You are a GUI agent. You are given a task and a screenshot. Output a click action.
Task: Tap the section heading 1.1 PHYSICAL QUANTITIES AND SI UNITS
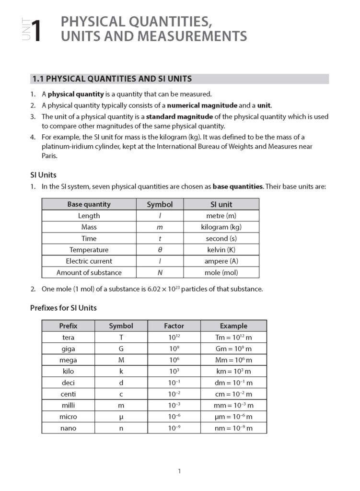(x=112, y=79)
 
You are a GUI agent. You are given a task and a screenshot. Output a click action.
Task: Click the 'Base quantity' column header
(x=89, y=204)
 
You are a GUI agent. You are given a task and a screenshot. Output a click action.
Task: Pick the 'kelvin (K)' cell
(x=221, y=250)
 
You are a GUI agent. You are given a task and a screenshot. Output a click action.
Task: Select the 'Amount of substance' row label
(x=89, y=272)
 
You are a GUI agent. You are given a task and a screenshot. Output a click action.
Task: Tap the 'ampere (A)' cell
(x=221, y=261)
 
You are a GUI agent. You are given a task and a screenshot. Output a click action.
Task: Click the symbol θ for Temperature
(x=160, y=250)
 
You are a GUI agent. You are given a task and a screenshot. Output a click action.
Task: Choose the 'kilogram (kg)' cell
(x=221, y=227)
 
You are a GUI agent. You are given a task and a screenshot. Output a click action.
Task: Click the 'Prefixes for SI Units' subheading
(x=63, y=308)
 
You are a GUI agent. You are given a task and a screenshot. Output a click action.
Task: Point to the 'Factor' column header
(x=174, y=326)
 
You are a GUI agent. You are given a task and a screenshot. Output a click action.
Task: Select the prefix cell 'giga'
(x=68, y=349)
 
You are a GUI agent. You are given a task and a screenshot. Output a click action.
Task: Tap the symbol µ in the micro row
(x=121, y=417)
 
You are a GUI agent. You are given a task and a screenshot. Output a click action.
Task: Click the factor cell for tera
(x=174, y=337)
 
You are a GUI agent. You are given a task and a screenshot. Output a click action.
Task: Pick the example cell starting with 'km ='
(x=233, y=371)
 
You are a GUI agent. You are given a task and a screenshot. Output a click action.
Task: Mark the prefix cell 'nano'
(x=68, y=428)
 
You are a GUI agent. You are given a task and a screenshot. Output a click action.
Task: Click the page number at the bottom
(x=179, y=471)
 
